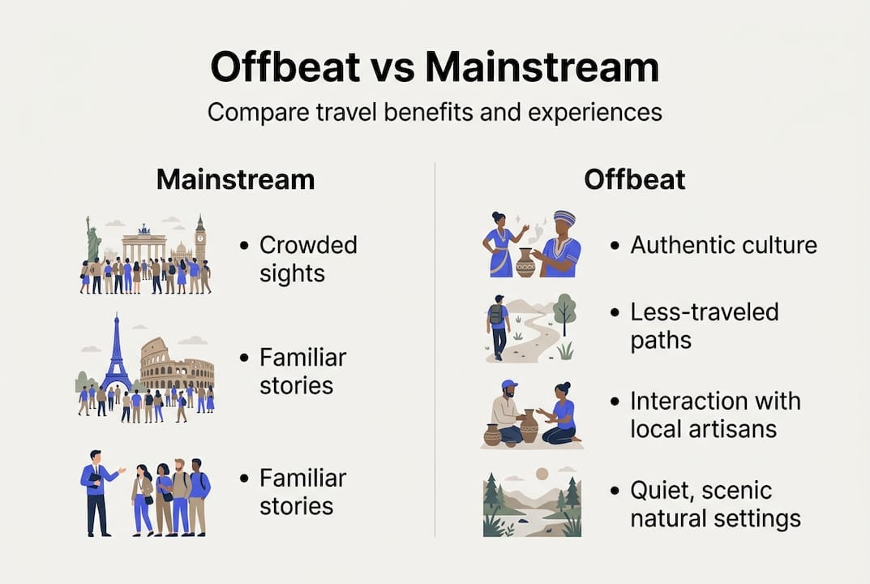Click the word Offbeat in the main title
[285, 67]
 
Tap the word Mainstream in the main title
[542, 67]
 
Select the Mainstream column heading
[236, 179]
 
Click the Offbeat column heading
[635, 179]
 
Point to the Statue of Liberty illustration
[93, 240]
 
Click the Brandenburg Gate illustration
[144, 243]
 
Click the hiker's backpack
[495, 315]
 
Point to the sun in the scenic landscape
[542, 474]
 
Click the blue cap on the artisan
[509, 384]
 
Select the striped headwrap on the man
[564, 217]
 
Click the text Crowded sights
[308, 260]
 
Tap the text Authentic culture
[723, 245]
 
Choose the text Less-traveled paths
[705, 326]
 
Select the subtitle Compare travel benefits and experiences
[435, 112]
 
